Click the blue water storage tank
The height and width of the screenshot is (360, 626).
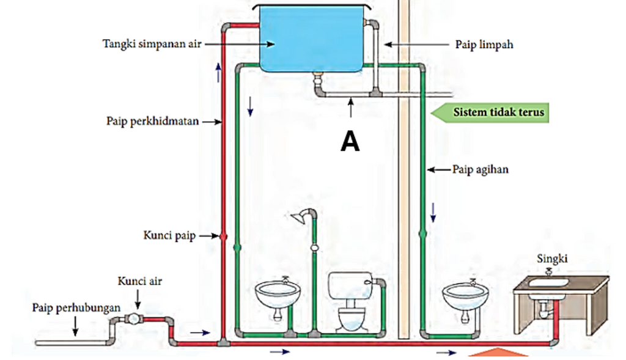pyautogui.click(x=312, y=39)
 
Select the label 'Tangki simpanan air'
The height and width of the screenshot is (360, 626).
pyautogui.click(x=152, y=44)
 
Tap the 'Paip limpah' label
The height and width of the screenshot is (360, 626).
pyautogui.click(x=484, y=44)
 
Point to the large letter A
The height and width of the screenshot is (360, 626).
pyautogui.click(x=350, y=141)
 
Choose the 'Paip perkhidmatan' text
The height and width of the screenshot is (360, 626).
pyautogui.click(x=152, y=121)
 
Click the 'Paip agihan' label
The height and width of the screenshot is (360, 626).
pyautogui.click(x=481, y=169)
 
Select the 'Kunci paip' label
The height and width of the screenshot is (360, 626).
pyautogui.click(x=170, y=235)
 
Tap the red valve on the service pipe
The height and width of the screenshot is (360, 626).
pyautogui.click(x=223, y=237)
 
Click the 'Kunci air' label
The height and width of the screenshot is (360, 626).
pyautogui.click(x=140, y=281)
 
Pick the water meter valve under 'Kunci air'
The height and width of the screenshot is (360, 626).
pyautogui.click(x=133, y=318)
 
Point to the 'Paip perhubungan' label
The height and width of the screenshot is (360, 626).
pyautogui.click(x=76, y=307)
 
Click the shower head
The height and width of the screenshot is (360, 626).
pyautogui.click(x=298, y=217)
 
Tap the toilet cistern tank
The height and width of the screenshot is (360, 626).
pyautogui.click(x=350, y=285)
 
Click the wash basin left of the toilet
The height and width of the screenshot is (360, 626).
pyautogui.click(x=278, y=295)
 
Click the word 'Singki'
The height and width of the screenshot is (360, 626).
pyautogui.click(x=552, y=259)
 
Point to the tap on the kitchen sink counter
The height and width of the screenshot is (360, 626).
pyautogui.click(x=549, y=273)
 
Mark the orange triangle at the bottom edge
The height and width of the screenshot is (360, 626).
pyautogui.click(x=498, y=353)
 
